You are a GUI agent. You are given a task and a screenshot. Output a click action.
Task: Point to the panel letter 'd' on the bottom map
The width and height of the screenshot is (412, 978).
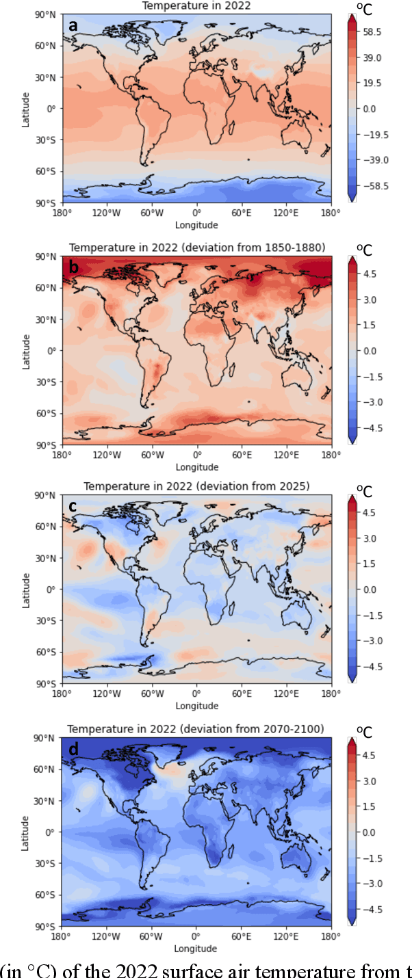pos(73,749)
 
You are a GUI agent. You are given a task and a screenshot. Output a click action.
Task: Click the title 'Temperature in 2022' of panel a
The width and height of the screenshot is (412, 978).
pos(196,6)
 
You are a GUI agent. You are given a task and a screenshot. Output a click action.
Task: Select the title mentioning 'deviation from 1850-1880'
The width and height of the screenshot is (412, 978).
pos(196,248)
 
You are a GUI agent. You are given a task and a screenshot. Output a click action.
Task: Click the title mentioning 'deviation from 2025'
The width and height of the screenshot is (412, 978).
pos(196,486)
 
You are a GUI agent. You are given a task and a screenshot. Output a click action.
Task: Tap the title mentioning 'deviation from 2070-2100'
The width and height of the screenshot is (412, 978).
pos(196,729)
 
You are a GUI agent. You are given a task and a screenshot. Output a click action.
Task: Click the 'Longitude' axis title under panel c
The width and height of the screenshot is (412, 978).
pos(196,706)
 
